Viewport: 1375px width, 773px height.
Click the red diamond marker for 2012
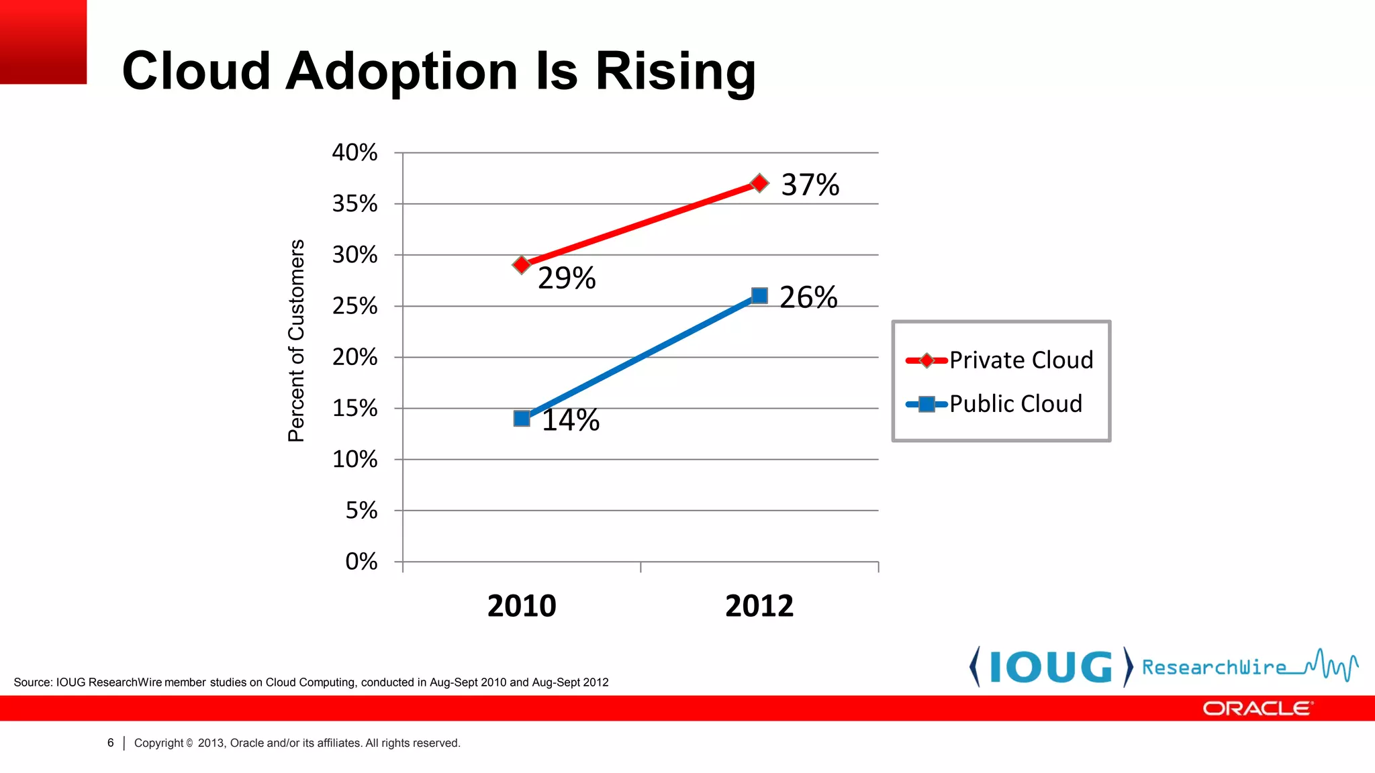point(759,183)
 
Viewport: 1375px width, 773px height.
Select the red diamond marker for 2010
point(522,265)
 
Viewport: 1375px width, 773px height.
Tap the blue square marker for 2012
point(759,296)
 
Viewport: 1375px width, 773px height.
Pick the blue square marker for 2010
point(522,419)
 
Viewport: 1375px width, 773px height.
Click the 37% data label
point(810,185)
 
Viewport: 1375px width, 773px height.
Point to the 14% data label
point(570,421)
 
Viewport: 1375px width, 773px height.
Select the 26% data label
point(808,298)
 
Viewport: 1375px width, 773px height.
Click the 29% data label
point(567,278)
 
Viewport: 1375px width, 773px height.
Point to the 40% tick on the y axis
point(354,153)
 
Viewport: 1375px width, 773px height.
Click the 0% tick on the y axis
point(361,562)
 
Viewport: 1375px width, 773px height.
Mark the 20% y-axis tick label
point(354,357)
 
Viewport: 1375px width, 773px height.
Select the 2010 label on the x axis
point(522,606)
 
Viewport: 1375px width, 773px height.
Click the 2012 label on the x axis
point(759,606)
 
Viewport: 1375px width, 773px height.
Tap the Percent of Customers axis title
point(296,341)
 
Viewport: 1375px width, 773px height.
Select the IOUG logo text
point(1051,668)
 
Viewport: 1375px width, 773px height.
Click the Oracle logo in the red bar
point(1258,709)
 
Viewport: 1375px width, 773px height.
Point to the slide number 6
point(111,743)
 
